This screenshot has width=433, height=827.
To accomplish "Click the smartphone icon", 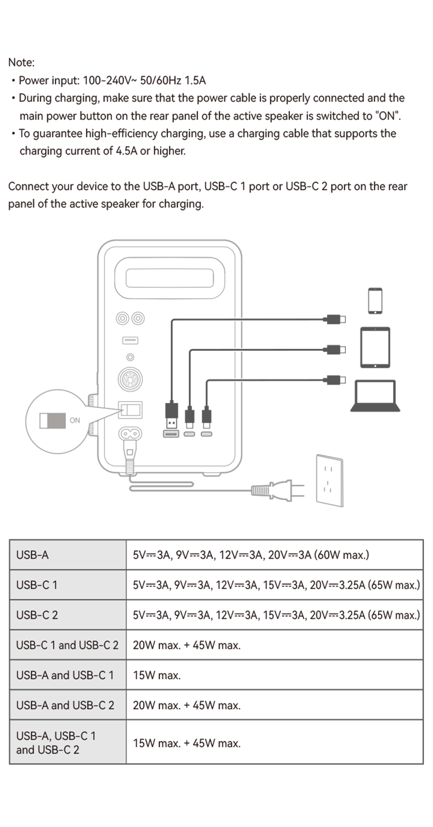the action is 375,301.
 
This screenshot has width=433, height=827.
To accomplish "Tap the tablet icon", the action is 375,347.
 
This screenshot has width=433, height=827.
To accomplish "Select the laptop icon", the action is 375,396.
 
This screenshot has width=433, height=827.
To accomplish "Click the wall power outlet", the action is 330,480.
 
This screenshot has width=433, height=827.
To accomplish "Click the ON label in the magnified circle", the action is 74,420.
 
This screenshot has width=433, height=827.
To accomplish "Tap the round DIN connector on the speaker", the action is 130,379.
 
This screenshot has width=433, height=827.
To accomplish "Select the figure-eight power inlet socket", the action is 130,433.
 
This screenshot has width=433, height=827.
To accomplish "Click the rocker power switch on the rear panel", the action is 130,410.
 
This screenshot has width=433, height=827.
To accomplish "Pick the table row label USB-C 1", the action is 37,585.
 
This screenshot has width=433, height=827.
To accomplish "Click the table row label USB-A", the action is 32,555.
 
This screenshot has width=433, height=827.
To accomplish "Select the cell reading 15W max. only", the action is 157,675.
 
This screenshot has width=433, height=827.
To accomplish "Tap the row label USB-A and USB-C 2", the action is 65,705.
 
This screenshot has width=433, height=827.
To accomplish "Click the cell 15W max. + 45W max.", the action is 186,743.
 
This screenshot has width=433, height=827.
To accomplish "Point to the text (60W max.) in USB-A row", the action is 342,555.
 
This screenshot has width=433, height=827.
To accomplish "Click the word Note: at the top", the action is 21,62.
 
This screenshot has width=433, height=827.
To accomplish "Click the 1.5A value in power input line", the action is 195,80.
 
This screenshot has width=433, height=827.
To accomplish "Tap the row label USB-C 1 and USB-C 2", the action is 67,645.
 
